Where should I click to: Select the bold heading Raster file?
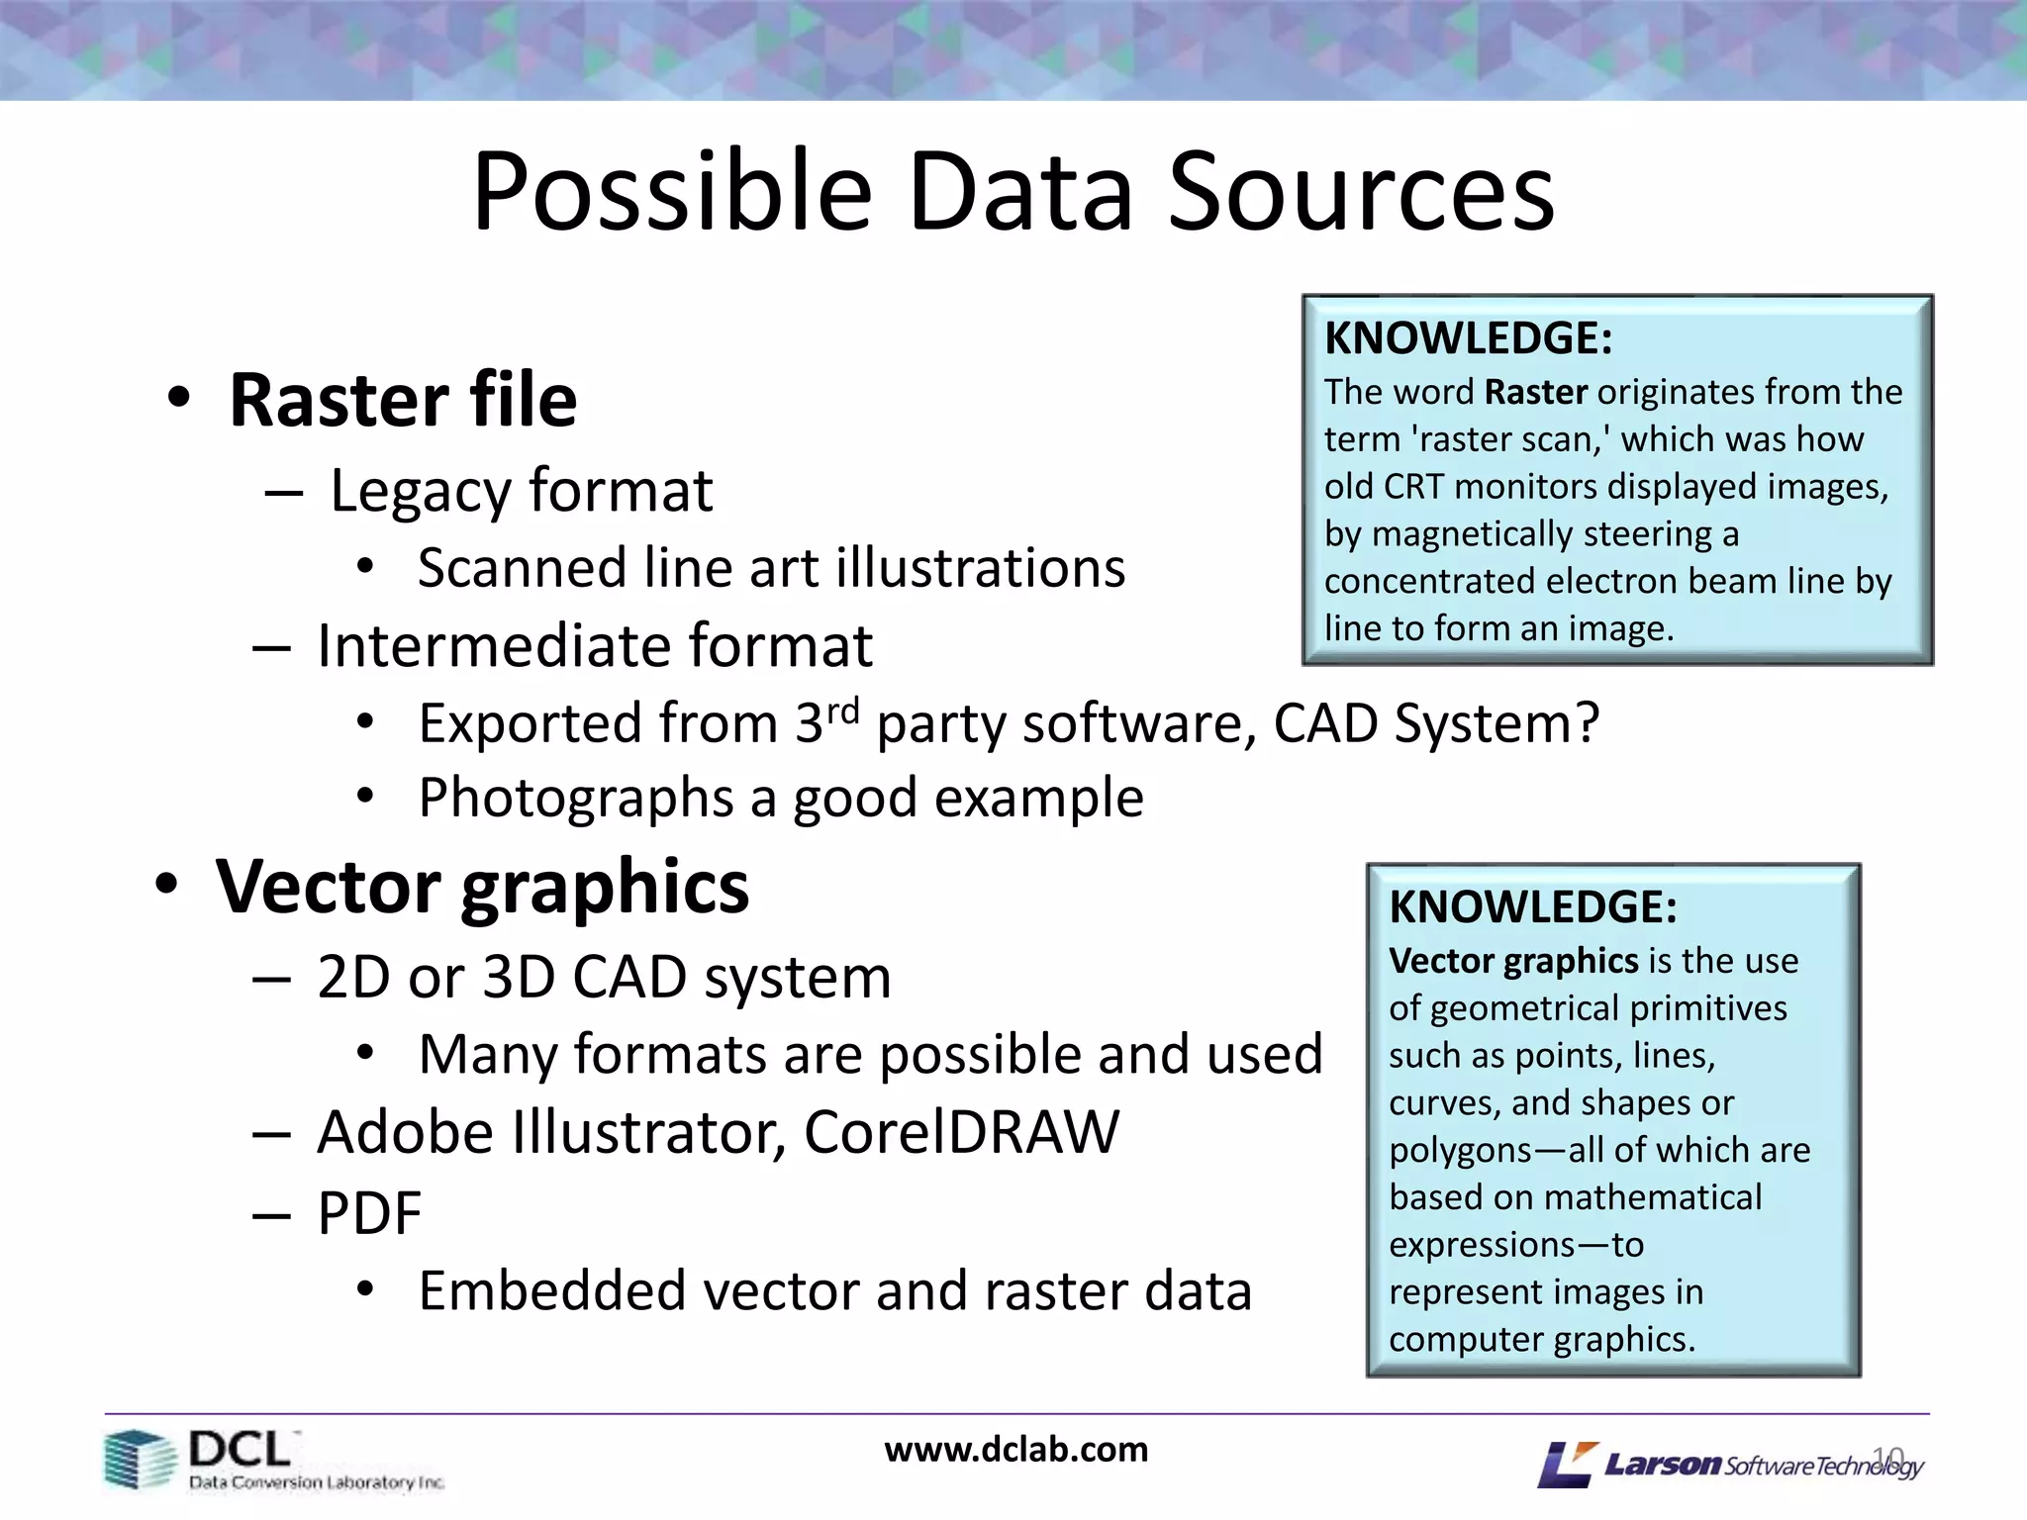tap(403, 400)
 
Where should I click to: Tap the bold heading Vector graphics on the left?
tap(483, 887)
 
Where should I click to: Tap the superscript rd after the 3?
tap(843, 710)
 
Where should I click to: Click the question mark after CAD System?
tap(1587, 722)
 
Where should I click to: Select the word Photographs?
tap(575, 799)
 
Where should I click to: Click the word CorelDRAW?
tap(961, 1132)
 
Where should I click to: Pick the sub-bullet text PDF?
tap(369, 1213)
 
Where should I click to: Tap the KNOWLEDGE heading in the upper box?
tap(1468, 338)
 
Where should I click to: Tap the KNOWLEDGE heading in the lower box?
tap(1532, 907)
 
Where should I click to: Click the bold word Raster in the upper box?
tap(1536, 393)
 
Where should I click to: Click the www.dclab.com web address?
tap(1016, 1450)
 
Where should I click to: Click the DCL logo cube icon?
tap(138, 1459)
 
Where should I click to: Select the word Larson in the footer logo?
tap(1662, 1464)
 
